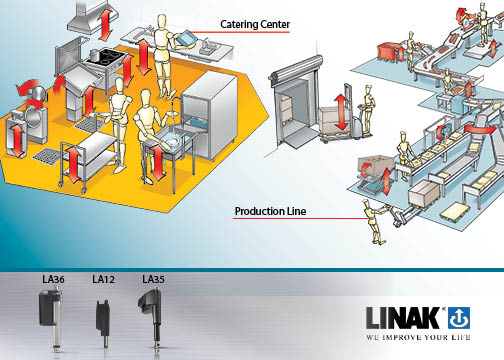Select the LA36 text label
(54, 278)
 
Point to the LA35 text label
(154, 278)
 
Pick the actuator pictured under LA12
(104, 319)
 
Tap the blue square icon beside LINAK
(463, 318)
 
